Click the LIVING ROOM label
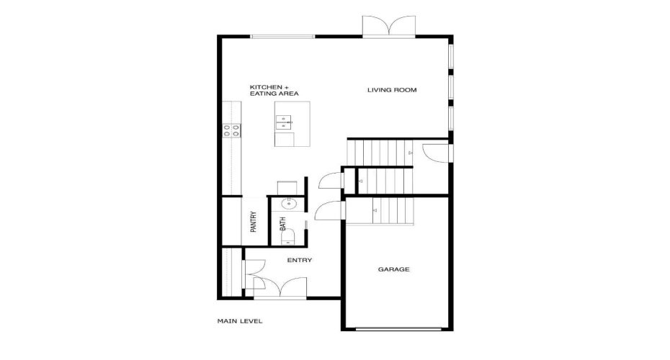393,90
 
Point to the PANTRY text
254,221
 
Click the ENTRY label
299,260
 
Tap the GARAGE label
393,269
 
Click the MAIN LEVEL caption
240,321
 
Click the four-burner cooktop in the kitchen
231,130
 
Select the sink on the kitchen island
285,123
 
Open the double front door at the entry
280,287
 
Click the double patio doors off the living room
389,27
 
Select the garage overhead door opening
393,328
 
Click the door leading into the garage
328,210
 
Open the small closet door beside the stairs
328,179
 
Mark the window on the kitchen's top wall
282,37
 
